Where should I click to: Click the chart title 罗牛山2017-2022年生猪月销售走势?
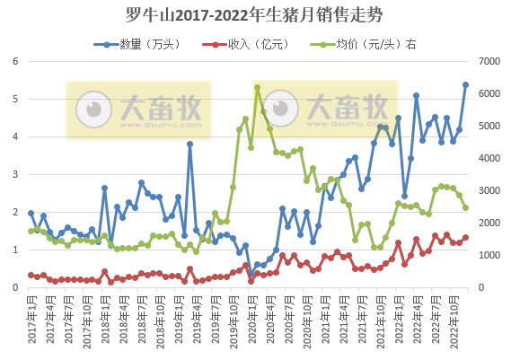(x=255, y=15)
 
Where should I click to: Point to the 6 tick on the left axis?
(x=14, y=61)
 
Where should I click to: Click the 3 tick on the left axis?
(x=14, y=174)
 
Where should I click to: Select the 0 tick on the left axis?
(x=14, y=287)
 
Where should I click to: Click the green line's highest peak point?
(x=257, y=87)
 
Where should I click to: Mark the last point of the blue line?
(x=465, y=85)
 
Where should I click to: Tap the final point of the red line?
(x=465, y=238)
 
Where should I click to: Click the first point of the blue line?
(x=31, y=214)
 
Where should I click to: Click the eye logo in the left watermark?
(x=93, y=109)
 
